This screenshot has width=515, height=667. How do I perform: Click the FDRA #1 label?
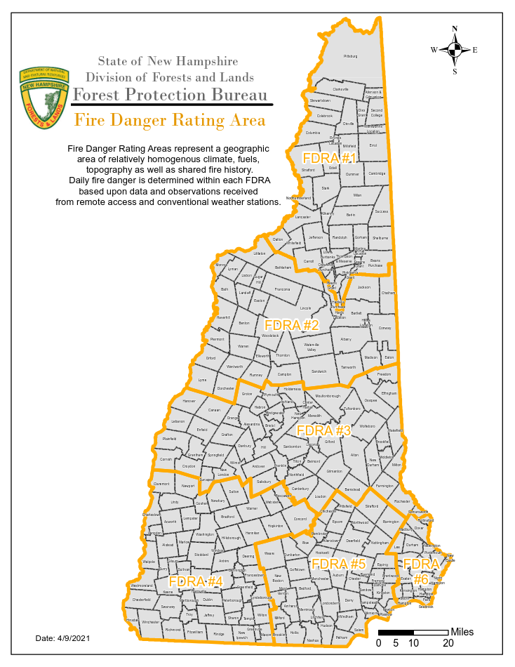pyautogui.click(x=329, y=157)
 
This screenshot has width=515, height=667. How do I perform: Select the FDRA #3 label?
pyautogui.click(x=323, y=430)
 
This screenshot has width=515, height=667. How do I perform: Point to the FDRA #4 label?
pyautogui.click(x=196, y=581)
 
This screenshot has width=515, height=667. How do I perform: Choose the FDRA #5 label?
pyautogui.click(x=339, y=564)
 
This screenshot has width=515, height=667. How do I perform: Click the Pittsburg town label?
pyautogui.click(x=350, y=55)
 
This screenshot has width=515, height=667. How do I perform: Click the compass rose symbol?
pyautogui.click(x=455, y=49)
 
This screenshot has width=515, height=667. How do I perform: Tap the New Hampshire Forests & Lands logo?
pyautogui.click(x=46, y=98)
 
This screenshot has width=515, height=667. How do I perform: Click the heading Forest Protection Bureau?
pyautogui.click(x=170, y=95)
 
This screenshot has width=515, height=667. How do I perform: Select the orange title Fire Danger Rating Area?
pyautogui.click(x=170, y=120)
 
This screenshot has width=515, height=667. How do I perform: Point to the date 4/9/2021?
pyautogui.click(x=62, y=638)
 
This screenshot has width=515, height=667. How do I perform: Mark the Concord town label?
pyautogui.click(x=300, y=519)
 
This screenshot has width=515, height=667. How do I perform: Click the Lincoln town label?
pyautogui.click(x=305, y=308)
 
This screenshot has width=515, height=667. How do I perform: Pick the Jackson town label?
pyautogui.click(x=363, y=287)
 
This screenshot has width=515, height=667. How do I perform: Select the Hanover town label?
pyautogui.click(x=189, y=401)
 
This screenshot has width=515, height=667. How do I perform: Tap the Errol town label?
pyautogui.click(x=373, y=145)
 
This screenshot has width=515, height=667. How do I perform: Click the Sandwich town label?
pyautogui.click(x=319, y=371)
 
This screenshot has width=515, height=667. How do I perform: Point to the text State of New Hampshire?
pyautogui.click(x=168, y=62)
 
